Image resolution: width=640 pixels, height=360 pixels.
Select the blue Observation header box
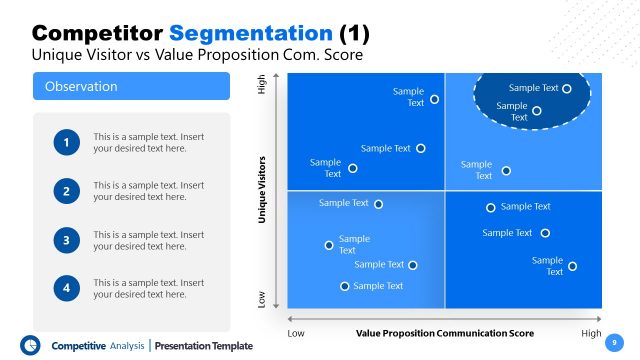click(132, 87)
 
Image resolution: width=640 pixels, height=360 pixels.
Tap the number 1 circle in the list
click(67, 143)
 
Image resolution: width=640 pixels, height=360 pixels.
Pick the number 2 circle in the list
click(67, 191)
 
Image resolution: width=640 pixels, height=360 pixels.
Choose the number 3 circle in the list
click(67, 240)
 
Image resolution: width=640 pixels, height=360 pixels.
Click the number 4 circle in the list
click(67, 288)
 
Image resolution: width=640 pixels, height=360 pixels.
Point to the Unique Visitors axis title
click(263, 188)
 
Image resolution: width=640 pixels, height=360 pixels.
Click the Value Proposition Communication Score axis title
click(444, 333)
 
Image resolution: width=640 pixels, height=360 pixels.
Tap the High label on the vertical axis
click(263, 88)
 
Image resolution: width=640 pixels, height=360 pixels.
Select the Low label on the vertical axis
click(263, 298)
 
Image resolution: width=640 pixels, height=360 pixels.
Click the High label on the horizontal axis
click(591, 333)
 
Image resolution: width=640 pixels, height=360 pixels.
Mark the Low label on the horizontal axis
click(296, 333)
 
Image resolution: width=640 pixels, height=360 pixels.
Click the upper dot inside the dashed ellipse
click(567, 88)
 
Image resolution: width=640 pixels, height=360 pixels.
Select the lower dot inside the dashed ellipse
click(537, 111)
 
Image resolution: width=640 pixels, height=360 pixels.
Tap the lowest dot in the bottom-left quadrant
click(345, 286)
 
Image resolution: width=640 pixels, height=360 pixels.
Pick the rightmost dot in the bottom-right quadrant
click(573, 266)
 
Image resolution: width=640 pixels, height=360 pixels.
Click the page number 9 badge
click(614, 342)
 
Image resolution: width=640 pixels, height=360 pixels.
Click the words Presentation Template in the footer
click(205, 346)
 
